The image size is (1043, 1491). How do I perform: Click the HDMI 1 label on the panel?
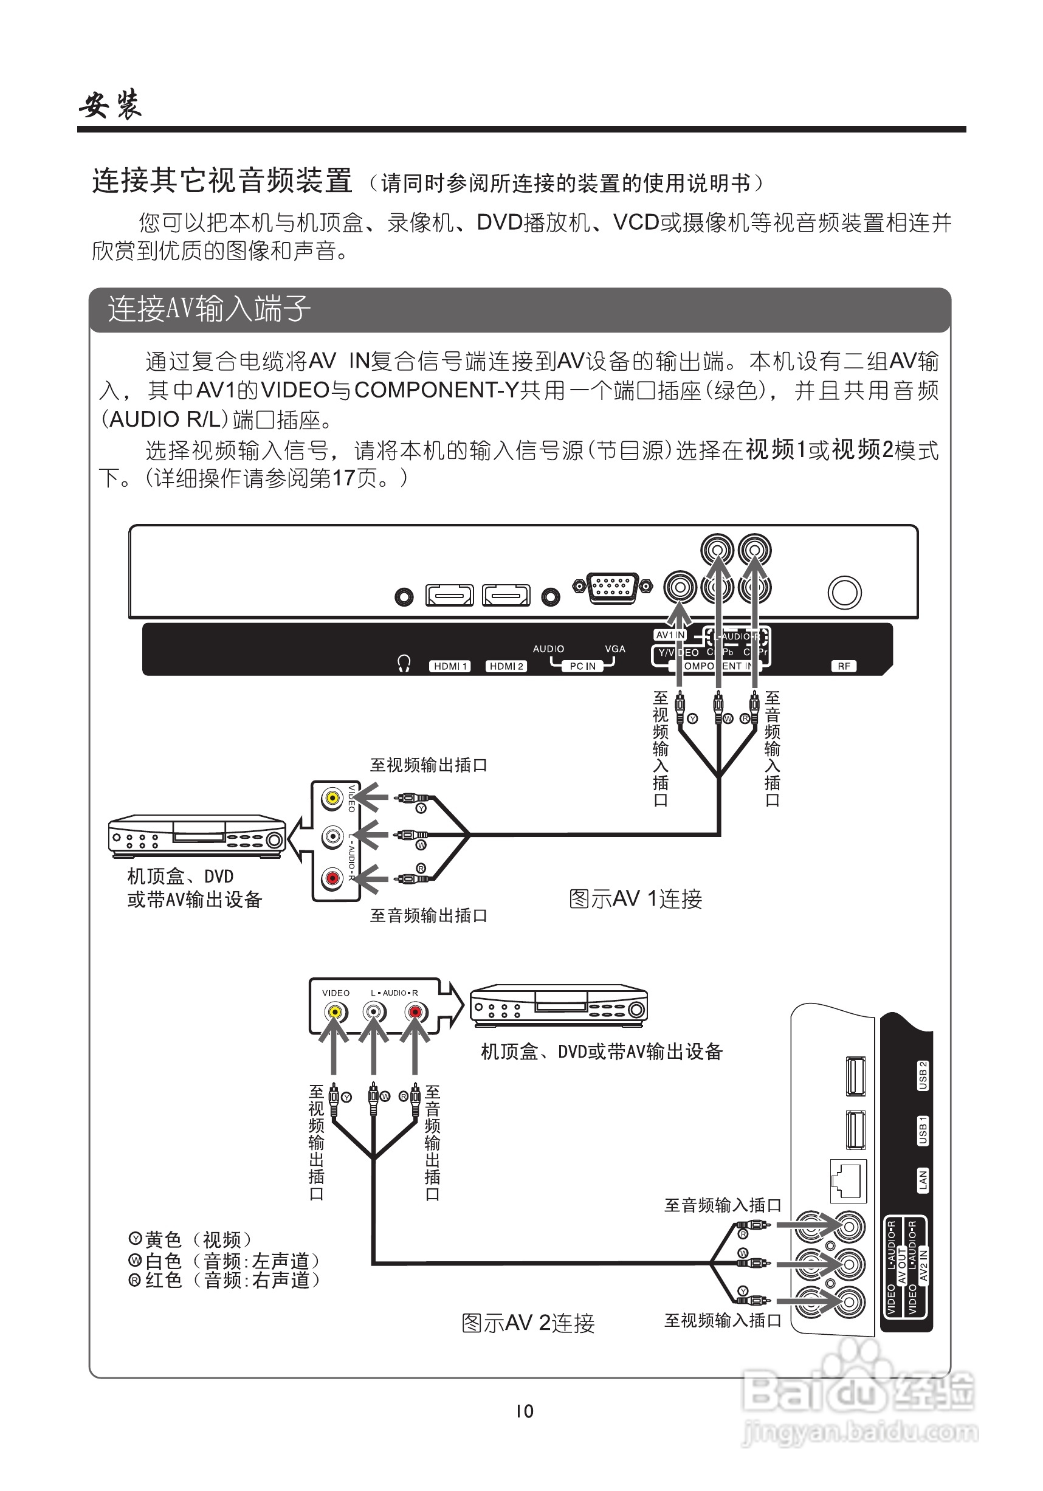449,666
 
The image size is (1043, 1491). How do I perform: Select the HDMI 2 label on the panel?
506,666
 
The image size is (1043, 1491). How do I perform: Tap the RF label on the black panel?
843,666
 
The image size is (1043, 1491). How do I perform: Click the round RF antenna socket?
844,593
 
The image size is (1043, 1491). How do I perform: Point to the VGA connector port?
611,588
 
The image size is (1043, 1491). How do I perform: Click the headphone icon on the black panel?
404,664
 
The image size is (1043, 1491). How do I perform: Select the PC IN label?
582,666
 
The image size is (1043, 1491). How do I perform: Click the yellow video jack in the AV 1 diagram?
333,798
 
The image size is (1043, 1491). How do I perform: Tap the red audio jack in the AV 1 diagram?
333,880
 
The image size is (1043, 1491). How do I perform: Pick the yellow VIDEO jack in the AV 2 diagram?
335,1013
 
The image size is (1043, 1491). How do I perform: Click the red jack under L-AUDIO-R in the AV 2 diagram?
415,1013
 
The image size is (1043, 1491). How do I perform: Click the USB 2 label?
922,1075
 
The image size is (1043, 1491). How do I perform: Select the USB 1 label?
922,1131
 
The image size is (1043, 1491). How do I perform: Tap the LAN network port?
848,1180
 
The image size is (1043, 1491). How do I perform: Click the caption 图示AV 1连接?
635,900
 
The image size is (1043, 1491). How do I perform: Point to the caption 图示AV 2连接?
528,1323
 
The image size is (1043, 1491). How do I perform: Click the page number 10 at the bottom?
524,1411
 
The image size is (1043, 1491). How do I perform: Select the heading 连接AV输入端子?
209,308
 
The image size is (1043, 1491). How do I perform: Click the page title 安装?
111,105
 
